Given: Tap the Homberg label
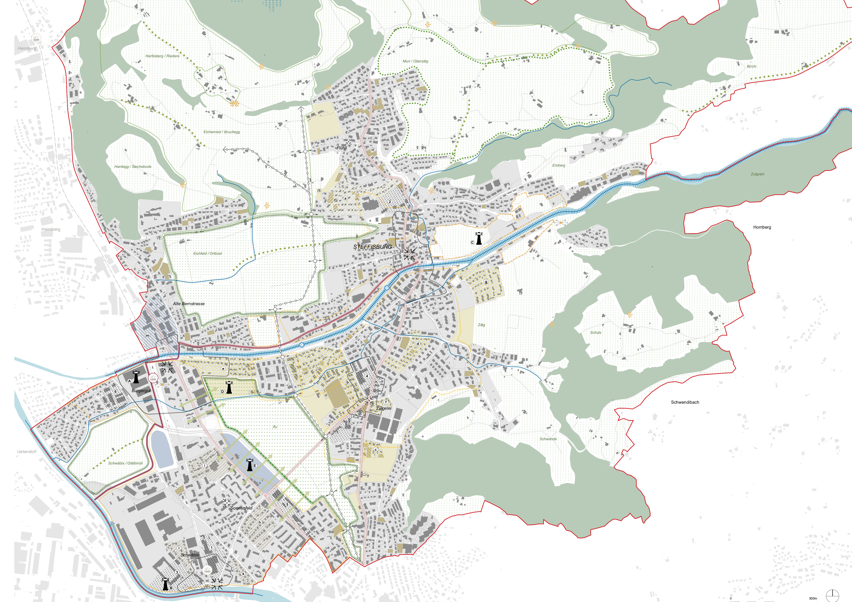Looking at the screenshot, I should [x=762, y=227].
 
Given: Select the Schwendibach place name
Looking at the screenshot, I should [x=685, y=402].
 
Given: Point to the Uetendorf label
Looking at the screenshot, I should [x=27, y=451].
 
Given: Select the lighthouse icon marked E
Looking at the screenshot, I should [x=250, y=465].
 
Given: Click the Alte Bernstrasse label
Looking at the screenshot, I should [x=189, y=304].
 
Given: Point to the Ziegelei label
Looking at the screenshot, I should [x=384, y=408].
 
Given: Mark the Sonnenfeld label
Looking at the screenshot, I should [x=241, y=508].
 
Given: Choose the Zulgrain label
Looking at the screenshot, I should [x=757, y=174].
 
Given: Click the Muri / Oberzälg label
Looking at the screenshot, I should [x=415, y=61].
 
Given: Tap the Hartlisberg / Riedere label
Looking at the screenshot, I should [x=162, y=56].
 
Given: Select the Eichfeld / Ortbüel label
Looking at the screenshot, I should [x=207, y=253].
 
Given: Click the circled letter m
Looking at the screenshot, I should [x=147, y=335].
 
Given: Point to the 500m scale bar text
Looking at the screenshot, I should [x=813, y=598].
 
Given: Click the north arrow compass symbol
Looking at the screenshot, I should [x=832, y=595].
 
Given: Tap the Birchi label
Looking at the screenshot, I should [x=751, y=66].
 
